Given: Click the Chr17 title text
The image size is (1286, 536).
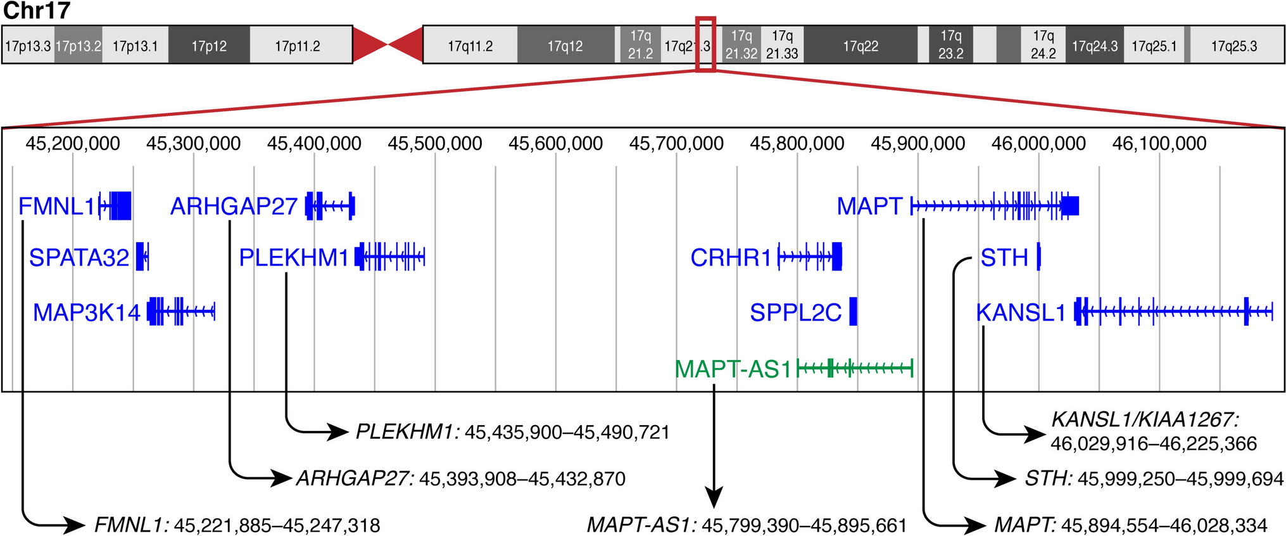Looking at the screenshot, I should tap(37, 11).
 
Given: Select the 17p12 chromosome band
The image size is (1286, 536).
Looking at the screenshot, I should tap(209, 46).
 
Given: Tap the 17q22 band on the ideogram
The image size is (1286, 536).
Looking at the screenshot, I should tap(860, 46).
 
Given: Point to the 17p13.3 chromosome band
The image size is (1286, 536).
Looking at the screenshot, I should tap(28, 46).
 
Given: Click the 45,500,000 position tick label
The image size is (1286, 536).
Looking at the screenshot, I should tap(435, 144).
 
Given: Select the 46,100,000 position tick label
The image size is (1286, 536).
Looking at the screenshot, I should tap(1159, 144).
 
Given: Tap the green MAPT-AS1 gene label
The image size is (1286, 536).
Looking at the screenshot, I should tap(733, 369).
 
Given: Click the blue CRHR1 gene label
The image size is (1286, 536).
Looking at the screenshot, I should tap(731, 258).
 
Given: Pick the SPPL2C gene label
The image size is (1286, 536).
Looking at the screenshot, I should tap(795, 312).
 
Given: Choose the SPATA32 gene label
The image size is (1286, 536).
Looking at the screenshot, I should tap(79, 258).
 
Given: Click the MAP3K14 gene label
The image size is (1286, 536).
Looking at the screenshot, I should tap(87, 312).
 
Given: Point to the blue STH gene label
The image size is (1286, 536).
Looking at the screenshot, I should tap(1004, 258).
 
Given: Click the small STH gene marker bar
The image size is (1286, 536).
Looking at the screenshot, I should tap(1038, 257).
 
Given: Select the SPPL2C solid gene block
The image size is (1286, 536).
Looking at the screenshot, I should tap(853, 311).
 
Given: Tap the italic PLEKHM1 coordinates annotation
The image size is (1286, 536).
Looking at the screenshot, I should tap(512, 432).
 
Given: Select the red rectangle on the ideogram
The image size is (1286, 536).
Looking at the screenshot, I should tap(705, 44).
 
